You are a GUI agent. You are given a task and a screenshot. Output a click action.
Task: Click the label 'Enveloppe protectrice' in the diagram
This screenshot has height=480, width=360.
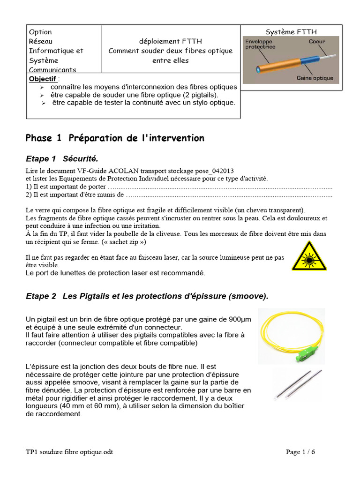pos(261,44)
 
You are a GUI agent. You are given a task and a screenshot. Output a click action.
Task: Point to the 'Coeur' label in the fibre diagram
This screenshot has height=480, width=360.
pos(317,42)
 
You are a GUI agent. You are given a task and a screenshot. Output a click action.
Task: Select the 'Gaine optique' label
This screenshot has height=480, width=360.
pos(315,78)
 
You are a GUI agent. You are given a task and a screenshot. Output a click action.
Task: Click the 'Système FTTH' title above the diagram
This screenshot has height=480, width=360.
pos(291,32)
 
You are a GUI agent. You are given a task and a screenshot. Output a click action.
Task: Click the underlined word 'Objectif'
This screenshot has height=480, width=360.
pos(42,78)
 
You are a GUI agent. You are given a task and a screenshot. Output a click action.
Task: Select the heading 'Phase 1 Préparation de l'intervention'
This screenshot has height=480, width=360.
pos(115,138)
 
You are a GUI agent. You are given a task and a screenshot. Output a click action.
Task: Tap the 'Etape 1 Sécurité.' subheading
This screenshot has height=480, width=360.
pos(62,158)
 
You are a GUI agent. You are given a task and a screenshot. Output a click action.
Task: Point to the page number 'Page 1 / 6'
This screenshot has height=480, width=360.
pos(300,452)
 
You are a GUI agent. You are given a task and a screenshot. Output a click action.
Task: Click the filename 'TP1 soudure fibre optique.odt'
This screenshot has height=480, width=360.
pos(69,452)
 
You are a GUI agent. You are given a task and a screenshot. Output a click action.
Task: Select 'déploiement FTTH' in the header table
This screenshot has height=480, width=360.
pos(170,41)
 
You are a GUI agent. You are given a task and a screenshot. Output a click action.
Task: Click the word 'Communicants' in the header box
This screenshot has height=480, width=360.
pos(52,70)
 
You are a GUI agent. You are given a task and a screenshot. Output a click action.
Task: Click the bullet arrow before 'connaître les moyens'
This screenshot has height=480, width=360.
pos(42,87)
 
